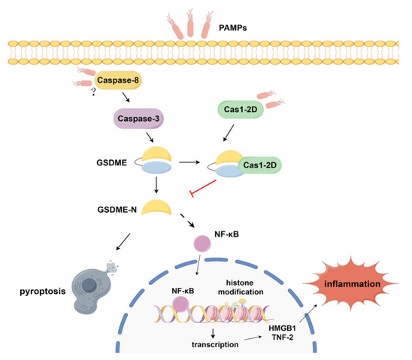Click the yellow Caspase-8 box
[x=118, y=80]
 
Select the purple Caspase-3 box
[x=138, y=119]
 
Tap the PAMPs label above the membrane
[x=233, y=28]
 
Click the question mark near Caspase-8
[x=93, y=92]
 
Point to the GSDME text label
[x=112, y=163]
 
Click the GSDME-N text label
[x=117, y=210]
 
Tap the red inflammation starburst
[x=352, y=284]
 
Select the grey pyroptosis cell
[x=91, y=289]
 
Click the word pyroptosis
[x=43, y=291]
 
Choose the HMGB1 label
[x=282, y=328]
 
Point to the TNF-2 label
[x=283, y=337]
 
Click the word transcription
[x=215, y=344]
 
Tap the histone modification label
[x=241, y=287]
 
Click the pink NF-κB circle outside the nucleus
[x=202, y=244]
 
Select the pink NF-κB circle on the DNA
[x=180, y=304]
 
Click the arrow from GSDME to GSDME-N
[x=156, y=185]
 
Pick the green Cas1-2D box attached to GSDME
[x=259, y=165]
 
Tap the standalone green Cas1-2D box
[x=241, y=109]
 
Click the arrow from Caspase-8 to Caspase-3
[x=126, y=97]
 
